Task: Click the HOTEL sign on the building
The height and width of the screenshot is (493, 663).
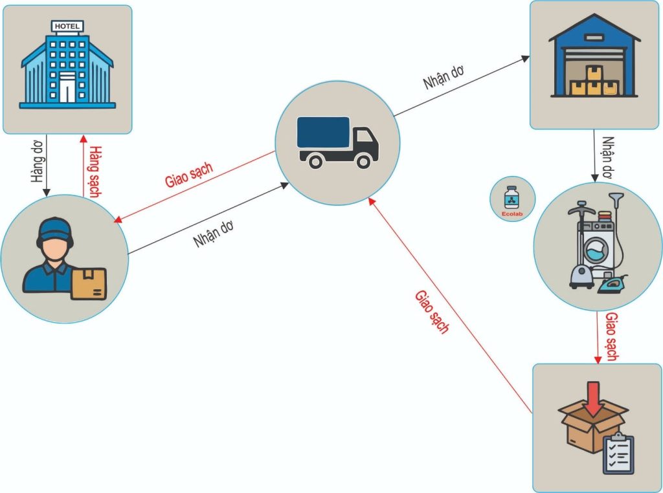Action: point(67,26)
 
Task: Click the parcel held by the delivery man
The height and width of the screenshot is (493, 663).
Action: point(89,284)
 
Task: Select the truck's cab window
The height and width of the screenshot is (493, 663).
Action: point(363,137)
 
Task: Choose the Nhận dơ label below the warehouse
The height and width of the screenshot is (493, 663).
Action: point(607,157)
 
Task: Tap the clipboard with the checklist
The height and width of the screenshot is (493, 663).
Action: point(618,454)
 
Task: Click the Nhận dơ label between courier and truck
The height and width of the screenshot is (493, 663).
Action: point(214,235)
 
